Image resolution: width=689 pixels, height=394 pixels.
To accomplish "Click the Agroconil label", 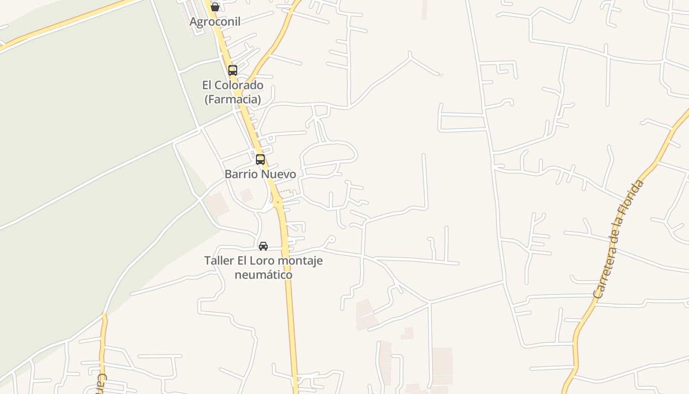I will tap(215, 22).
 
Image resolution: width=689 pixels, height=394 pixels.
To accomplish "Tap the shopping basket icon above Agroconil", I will tap(215, 7).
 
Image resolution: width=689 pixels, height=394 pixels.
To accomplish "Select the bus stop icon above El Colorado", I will tap(233, 70).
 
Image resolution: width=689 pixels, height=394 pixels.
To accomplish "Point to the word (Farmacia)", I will tap(233, 99).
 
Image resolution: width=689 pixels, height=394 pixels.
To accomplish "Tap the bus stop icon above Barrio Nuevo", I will tap(260, 160).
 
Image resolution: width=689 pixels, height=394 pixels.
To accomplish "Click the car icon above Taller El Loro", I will tap(263, 246).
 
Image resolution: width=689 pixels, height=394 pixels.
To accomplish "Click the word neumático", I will tap(263, 275).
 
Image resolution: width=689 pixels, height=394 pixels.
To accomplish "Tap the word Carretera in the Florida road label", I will tap(605, 268).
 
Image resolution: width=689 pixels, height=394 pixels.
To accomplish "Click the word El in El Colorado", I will tap(208, 85).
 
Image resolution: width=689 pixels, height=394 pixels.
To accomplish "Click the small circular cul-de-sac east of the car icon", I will tap(332, 239).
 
